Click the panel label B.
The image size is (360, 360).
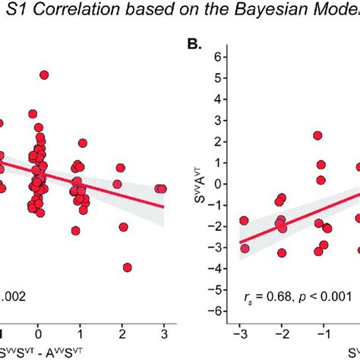coord(194,45)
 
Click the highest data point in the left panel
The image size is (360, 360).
coord(44,75)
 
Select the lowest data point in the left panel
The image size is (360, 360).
coord(127,267)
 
